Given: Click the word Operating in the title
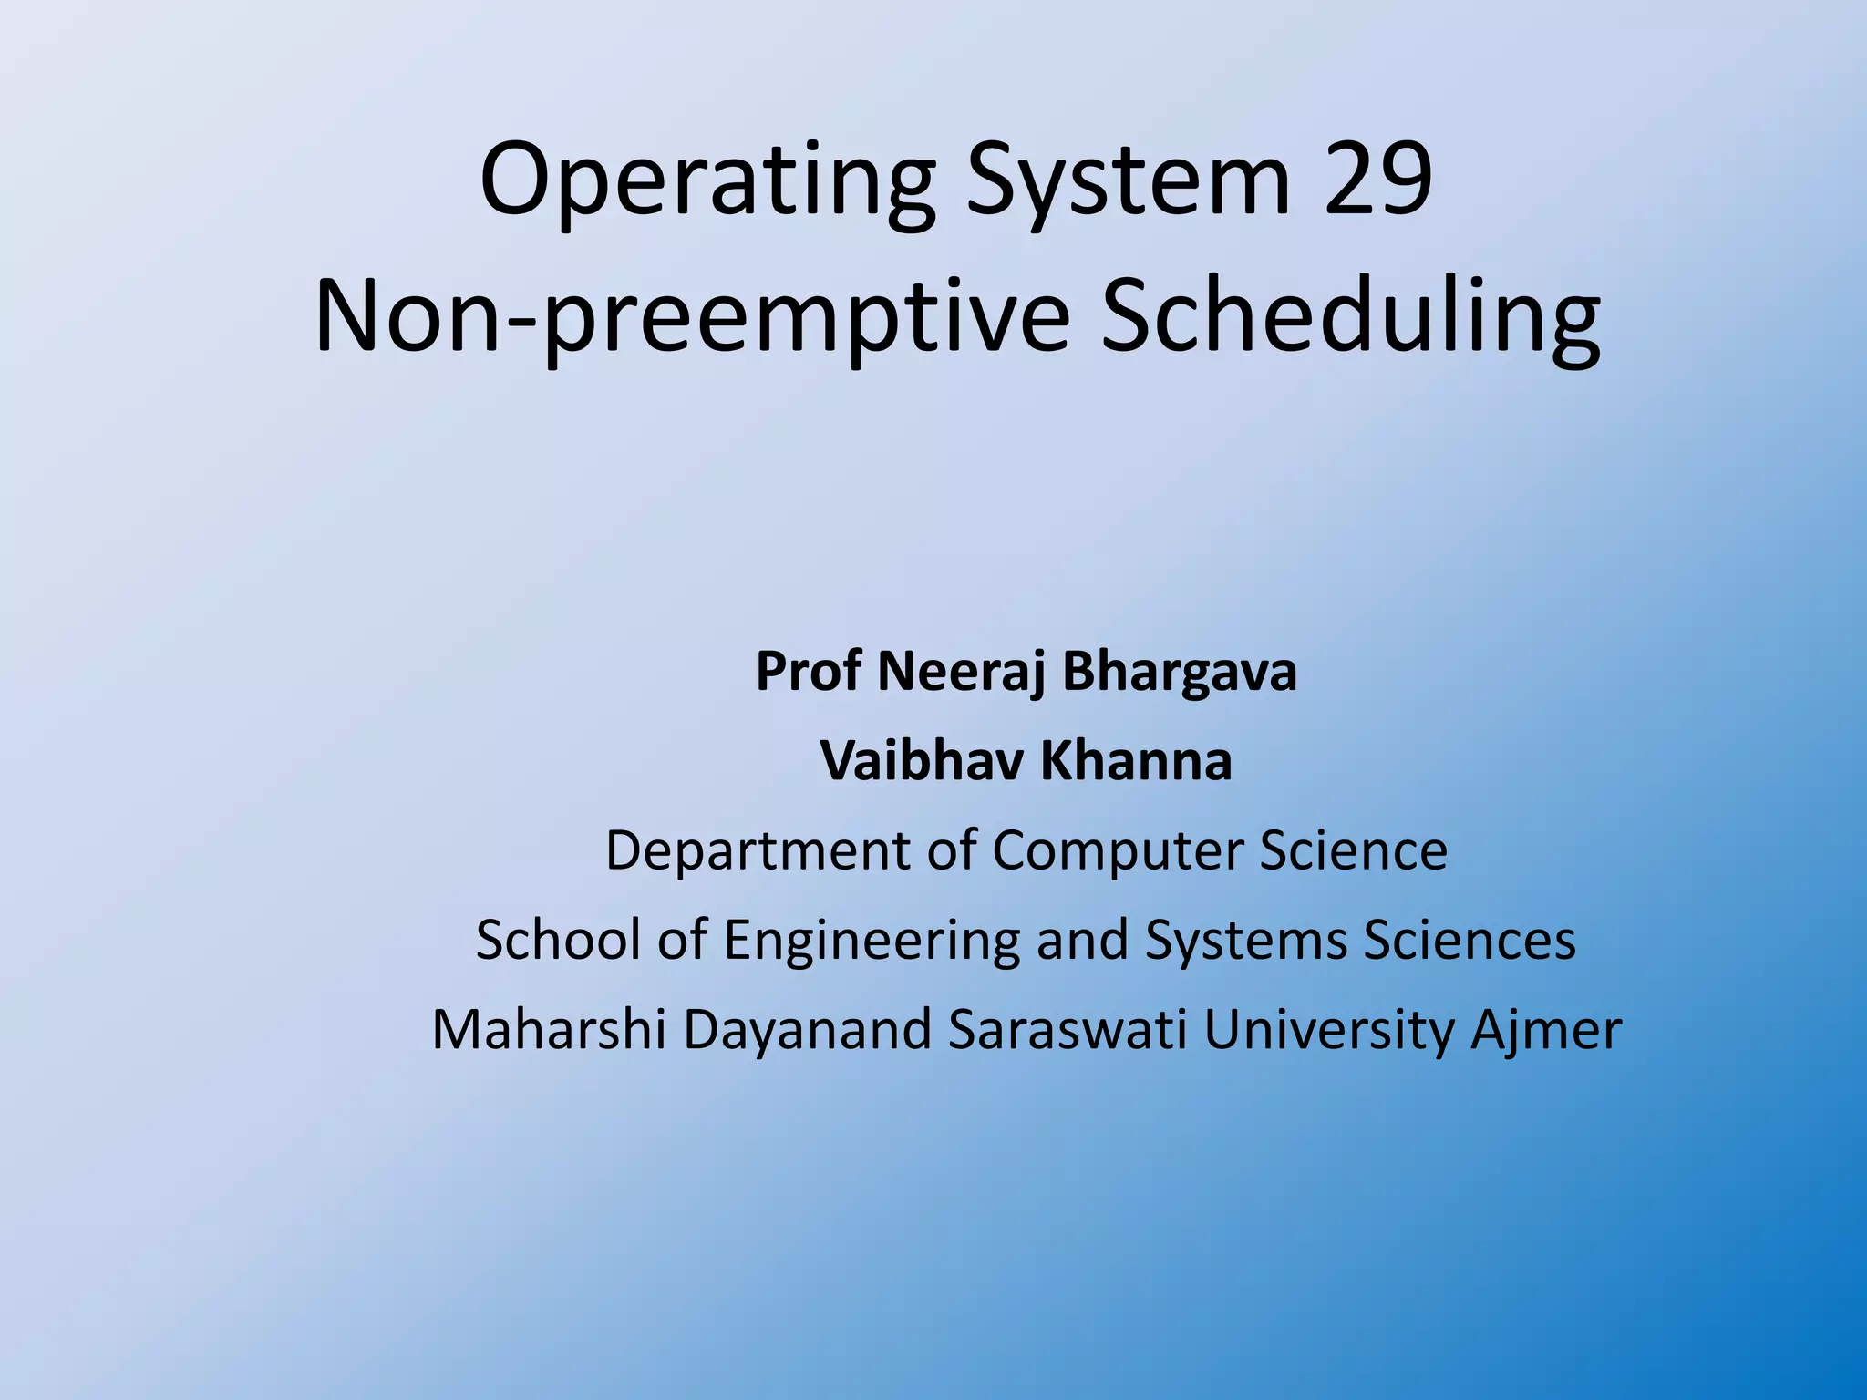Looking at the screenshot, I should pyautogui.click(x=707, y=181).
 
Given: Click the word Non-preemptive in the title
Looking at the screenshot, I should pyautogui.click(x=692, y=317).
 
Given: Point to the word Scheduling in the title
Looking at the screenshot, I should pyautogui.click(x=1350, y=317).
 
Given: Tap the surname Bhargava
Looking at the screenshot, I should pyautogui.click(x=1179, y=672).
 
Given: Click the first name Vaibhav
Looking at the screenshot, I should pyautogui.click(x=922, y=761).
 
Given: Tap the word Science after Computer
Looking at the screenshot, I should pyautogui.click(x=1353, y=849).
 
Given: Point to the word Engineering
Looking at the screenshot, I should pyautogui.click(x=872, y=941).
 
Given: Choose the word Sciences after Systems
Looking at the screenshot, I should pyautogui.click(x=1470, y=939).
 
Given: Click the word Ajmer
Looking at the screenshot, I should pyautogui.click(x=1546, y=1031).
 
